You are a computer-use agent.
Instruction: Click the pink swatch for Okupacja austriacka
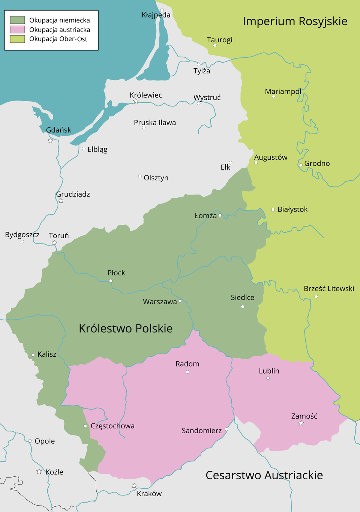pos(17,30)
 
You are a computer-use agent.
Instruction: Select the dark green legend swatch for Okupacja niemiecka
pos(17,20)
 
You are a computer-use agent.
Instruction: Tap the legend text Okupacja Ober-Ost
pos(58,39)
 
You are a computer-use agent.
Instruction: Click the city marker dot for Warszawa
pos(180,301)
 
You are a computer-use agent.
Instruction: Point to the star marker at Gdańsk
pos(50,141)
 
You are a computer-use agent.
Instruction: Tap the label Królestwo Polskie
pos(126,329)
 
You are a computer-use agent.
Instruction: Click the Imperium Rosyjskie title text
pos(295,21)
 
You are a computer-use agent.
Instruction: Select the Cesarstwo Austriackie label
pos(264,475)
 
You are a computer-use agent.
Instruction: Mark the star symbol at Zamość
pos(301,423)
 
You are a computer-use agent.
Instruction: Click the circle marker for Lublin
pos(268,378)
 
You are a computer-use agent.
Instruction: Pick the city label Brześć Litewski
pos(329,288)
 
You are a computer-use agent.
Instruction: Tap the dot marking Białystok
pos(273,210)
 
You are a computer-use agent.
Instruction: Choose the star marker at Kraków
pos(134,486)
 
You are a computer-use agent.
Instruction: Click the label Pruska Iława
pos(154,123)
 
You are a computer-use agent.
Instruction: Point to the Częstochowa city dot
pos(85,426)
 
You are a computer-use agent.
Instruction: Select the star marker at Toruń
pos(54,243)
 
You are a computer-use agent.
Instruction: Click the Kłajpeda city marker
pos(162,10)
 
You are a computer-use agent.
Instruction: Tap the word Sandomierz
pos(201,431)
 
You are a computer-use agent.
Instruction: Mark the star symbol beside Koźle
pos(39,471)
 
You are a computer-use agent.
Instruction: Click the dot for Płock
pos(111,281)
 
